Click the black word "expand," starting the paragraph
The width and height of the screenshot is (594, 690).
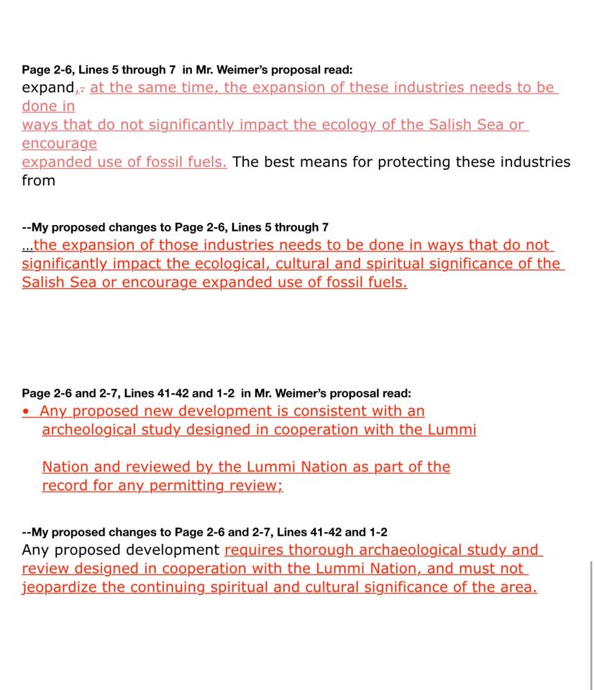pyautogui.click(x=48, y=88)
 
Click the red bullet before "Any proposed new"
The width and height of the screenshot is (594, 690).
pyautogui.click(x=27, y=412)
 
